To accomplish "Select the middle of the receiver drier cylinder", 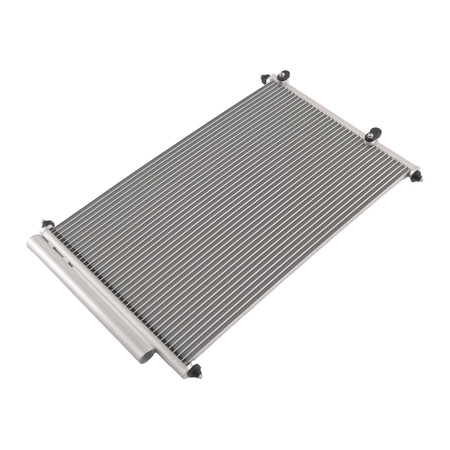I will click(90, 297).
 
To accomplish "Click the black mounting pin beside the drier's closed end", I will click(47, 224).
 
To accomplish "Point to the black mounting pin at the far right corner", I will click(416, 176).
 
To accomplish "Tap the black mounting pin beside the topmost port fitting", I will click(265, 78).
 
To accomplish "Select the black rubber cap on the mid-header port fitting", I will click(373, 134).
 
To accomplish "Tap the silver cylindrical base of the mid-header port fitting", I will click(373, 140).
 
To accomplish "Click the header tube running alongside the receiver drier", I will click(112, 297).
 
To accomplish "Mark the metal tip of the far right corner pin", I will click(421, 180).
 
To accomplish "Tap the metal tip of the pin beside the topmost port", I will click(261, 76).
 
